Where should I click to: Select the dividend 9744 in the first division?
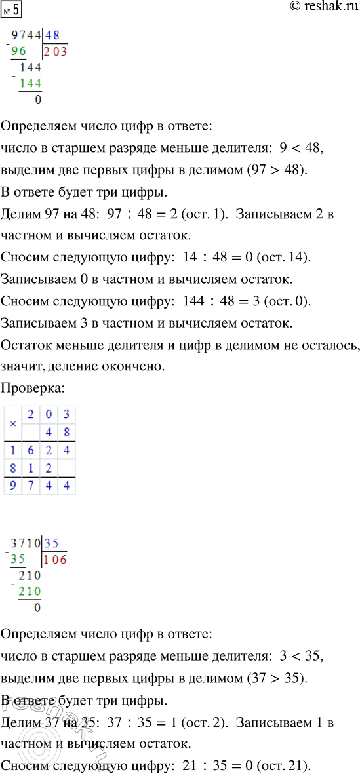click(26, 37)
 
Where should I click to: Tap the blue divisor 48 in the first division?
click(54, 37)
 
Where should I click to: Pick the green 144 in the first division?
click(30, 83)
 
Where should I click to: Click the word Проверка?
click(32, 387)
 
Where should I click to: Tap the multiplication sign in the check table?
click(12, 423)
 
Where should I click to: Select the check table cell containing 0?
click(49, 414)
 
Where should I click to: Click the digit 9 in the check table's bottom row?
click(12, 486)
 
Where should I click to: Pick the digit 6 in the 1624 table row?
click(31, 450)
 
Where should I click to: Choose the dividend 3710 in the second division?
click(26, 543)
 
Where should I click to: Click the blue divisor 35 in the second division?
click(54, 543)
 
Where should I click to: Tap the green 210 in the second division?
click(30, 592)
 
